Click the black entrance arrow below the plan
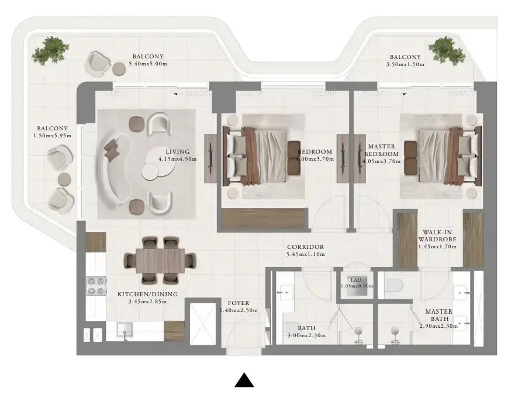(x=244, y=380)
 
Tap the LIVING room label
(x=178, y=152)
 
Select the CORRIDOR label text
(x=306, y=247)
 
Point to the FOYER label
(x=239, y=303)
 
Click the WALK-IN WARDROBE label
(x=437, y=235)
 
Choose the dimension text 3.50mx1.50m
(x=405, y=64)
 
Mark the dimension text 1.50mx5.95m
(x=52, y=136)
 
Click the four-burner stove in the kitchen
(x=96, y=286)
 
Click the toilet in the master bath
(x=393, y=285)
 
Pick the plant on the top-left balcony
(x=52, y=50)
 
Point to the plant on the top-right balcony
(x=447, y=50)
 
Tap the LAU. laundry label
(x=356, y=280)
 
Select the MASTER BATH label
(x=439, y=315)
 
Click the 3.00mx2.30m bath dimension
(x=306, y=335)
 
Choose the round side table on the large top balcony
(x=119, y=69)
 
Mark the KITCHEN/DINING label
(x=148, y=294)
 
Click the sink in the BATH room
(x=285, y=293)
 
